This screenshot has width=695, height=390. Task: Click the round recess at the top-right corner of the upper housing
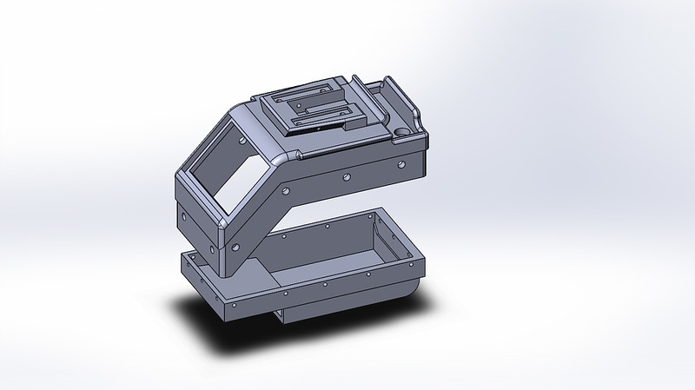[x=400, y=131]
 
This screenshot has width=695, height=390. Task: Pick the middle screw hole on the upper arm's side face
[x=346, y=176]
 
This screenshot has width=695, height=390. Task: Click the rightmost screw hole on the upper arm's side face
[x=400, y=162]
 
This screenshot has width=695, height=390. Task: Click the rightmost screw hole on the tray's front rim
[x=407, y=264]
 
